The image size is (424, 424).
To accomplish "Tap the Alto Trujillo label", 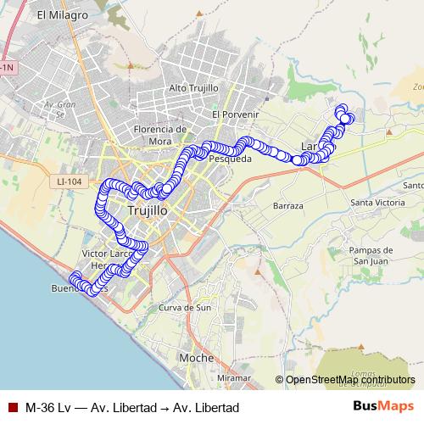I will (194, 88).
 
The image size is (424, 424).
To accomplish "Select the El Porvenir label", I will (235, 114).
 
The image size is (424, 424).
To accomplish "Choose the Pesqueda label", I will (231, 159).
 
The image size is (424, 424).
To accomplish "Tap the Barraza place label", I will (288, 206).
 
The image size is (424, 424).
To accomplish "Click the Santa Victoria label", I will (378, 204).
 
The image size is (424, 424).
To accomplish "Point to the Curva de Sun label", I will (185, 308).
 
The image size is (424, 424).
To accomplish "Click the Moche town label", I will (196, 358).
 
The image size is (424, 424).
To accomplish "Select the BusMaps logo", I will (383, 406).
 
